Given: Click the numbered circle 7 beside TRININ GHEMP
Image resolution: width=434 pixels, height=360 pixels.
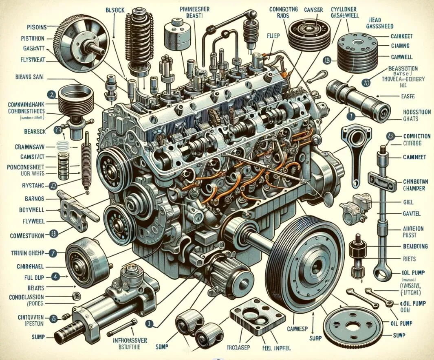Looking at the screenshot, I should [52, 253].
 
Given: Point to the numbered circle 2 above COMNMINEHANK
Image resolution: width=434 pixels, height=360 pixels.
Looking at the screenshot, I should [52, 95].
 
